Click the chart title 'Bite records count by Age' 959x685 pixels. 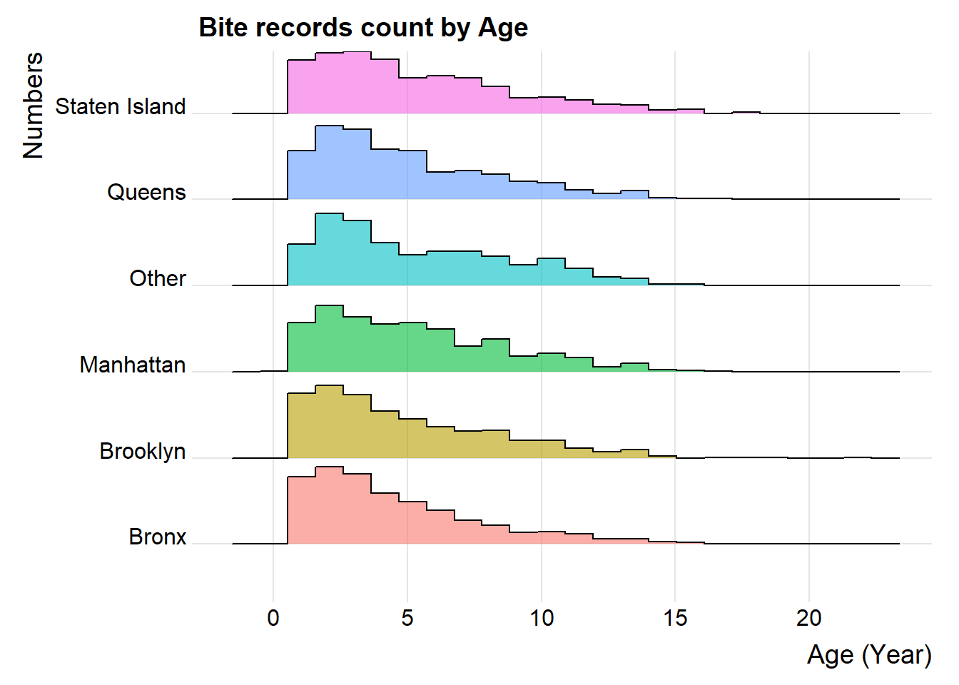point(363,28)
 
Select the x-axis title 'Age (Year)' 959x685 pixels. point(869,654)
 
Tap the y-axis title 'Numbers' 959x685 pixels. point(34,105)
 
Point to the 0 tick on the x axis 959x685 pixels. point(273,617)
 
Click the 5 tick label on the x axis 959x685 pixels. point(407,617)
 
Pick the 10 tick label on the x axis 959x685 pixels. point(542,617)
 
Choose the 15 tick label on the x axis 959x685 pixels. point(675,617)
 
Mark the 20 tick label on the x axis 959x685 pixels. point(809,617)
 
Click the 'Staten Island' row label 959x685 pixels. point(121,106)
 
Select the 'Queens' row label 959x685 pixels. point(146,192)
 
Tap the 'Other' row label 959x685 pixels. point(158,278)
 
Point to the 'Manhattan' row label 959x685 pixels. point(133,365)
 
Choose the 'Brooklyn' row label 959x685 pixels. point(143,451)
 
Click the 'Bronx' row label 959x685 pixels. point(158,537)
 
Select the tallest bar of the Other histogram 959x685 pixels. point(329,250)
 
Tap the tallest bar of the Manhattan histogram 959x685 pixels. point(329,338)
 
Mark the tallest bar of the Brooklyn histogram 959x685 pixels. point(329,422)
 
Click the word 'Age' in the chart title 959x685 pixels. point(503,28)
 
